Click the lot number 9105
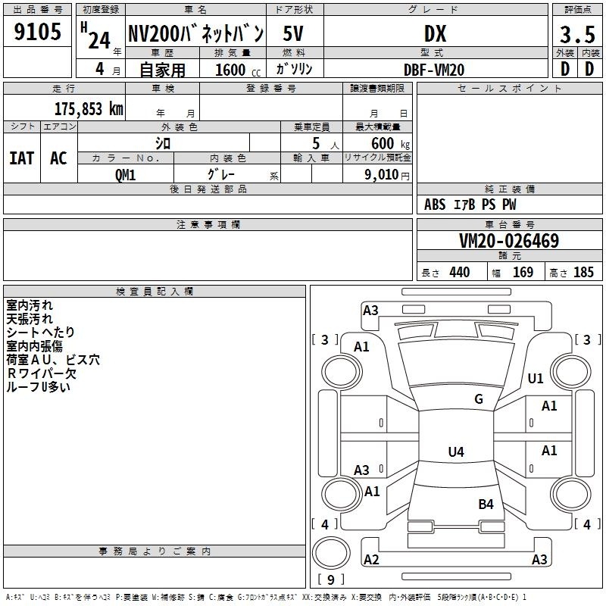tap(37, 32)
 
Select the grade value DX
tap(435, 33)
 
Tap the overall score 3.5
tap(577, 34)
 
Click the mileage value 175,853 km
tap(89, 109)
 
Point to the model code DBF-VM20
tap(434, 70)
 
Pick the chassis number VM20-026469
tap(509, 241)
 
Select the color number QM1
tap(125, 175)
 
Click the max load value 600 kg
tap(390, 144)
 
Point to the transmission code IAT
tap(21, 158)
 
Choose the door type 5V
tap(293, 33)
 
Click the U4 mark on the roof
tap(456, 451)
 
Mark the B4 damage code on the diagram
tap(486, 504)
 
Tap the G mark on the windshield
tap(479, 398)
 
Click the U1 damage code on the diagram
tap(536, 378)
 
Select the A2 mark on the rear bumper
tap(371, 559)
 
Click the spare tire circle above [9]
tap(331, 553)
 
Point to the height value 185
tap(583, 272)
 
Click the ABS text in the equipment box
tap(435, 205)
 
